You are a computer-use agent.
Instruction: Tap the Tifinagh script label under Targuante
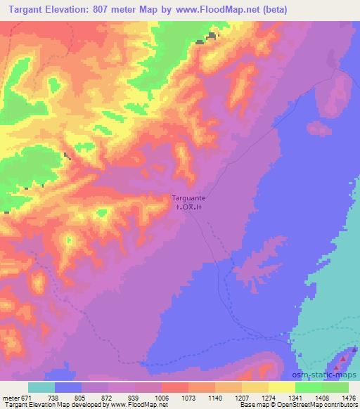[188, 207]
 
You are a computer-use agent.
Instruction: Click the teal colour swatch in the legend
[41, 387]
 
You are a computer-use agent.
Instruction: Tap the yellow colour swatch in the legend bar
[281, 387]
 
